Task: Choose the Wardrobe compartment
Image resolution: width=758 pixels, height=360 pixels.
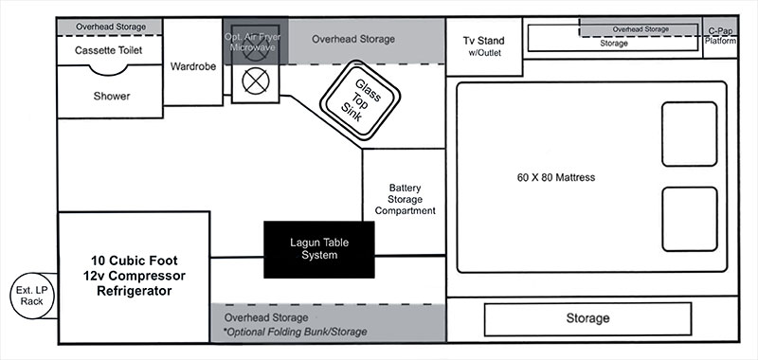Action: [195, 66]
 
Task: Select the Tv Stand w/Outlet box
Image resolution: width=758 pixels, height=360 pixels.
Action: [482, 46]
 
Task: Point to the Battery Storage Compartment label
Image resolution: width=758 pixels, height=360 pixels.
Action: [405, 199]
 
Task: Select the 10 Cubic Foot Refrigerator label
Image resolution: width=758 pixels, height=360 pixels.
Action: [133, 275]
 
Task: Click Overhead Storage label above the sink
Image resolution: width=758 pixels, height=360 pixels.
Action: [353, 39]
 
